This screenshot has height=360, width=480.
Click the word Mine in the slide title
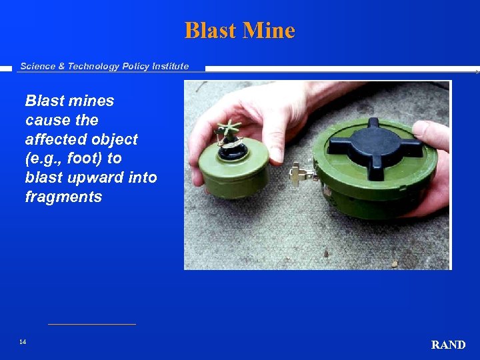tap(270, 31)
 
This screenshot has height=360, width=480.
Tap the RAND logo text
tap(448, 345)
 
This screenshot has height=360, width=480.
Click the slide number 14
tap(23, 342)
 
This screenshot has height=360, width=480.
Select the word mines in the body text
tap(92, 101)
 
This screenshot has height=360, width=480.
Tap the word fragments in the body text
tap(63, 197)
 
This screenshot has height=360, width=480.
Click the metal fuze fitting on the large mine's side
tap(299, 175)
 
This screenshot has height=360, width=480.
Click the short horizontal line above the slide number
tap(91, 324)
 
